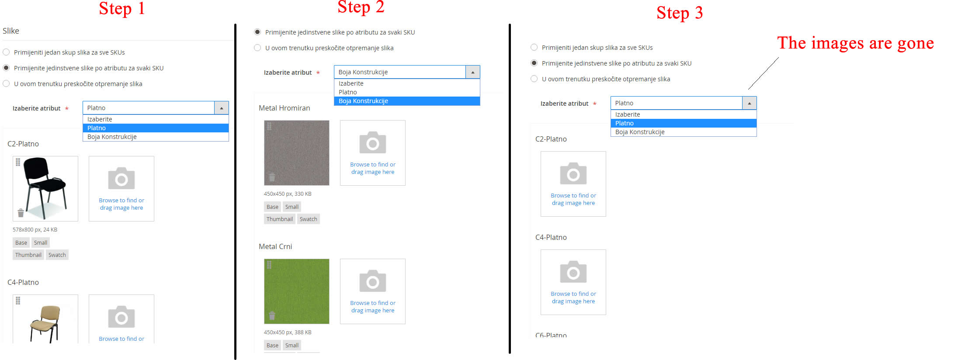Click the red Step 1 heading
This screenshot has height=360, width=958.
(x=121, y=9)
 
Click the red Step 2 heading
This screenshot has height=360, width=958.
(x=361, y=7)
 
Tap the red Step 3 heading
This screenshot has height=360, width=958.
(x=679, y=13)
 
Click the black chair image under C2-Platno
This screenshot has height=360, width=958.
(x=45, y=188)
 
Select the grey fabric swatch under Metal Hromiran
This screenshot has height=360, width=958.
(x=296, y=152)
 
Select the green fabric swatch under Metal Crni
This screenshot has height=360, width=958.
(x=296, y=291)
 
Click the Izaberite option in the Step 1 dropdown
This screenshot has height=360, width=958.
(x=100, y=119)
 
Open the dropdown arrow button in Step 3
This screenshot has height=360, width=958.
(x=749, y=103)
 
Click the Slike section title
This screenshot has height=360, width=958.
(x=11, y=31)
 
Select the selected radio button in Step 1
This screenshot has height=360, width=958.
(x=6, y=68)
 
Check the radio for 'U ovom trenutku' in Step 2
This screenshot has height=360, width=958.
(x=257, y=48)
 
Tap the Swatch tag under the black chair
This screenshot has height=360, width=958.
(x=57, y=255)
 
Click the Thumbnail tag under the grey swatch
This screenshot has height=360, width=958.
(x=280, y=219)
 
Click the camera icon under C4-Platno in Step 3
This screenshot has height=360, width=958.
(x=573, y=273)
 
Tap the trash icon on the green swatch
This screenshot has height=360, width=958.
(x=272, y=315)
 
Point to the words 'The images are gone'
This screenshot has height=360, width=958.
(x=855, y=43)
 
